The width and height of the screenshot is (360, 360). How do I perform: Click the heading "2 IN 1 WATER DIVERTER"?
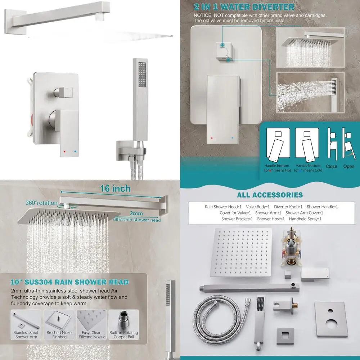click(x=244, y=7)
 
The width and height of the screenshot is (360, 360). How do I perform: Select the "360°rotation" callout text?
click(x=41, y=203)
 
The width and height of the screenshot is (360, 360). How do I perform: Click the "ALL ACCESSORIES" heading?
click(x=270, y=195)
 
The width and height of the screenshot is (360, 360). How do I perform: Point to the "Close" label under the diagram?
click(x=331, y=166)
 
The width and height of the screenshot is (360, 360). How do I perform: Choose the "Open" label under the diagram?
click(x=348, y=166)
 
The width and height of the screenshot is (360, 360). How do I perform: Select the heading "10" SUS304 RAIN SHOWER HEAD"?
click(x=69, y=282)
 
